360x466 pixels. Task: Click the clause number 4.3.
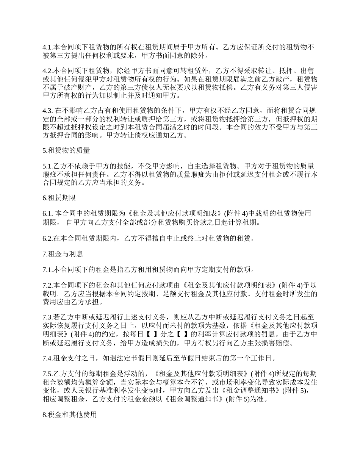tap(47, 111)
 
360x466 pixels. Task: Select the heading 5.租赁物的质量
tap(66, 150)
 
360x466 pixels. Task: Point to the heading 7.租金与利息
tap(63, 254)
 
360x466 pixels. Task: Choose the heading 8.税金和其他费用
tap(70, 415)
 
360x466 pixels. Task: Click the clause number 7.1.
tap(47, 270)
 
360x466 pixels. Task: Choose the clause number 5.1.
tap(47, 166)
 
